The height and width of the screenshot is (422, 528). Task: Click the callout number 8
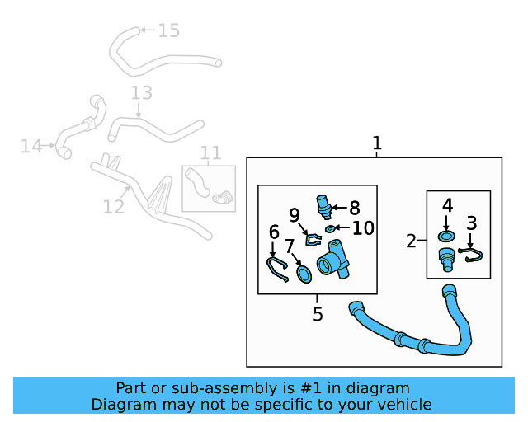tap(355, 208)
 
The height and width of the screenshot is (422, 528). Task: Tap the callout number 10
tap(363, 228)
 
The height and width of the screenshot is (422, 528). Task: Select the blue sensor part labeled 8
tap(324, 206)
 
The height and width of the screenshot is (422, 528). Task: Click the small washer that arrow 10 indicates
tap(330, 229)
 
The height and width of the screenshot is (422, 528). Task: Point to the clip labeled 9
tap(313, 240)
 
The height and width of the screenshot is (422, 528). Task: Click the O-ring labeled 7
tap(304, 274)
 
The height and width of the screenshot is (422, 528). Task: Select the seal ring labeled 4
tap(446, 237)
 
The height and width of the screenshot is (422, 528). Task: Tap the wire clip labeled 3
tap(471, 255)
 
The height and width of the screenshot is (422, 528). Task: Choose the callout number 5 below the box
tap(318, 314)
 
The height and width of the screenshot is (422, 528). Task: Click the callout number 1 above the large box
tap(377, 143)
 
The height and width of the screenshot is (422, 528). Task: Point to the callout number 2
tap(411, 241)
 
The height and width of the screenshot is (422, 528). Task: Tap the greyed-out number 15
tap(168, 30)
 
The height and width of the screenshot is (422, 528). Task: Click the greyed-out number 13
tap(141, 92)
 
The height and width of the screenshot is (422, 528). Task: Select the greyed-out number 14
tap(31, 147)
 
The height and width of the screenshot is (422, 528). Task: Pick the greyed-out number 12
tap(114, 207)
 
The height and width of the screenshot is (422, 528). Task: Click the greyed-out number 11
tap(211, 153)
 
